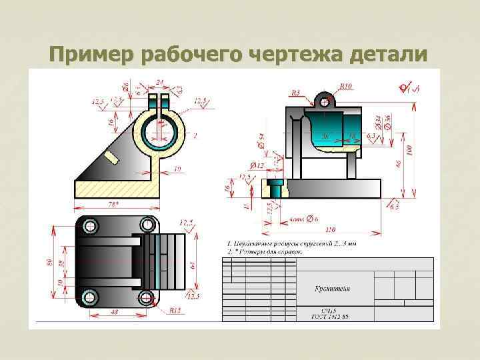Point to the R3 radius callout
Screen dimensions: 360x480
tap(296, 92)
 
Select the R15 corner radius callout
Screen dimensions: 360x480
tap(175, 311)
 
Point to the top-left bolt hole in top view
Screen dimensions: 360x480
tap(88, 223)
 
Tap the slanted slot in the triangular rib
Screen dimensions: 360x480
tap(111, 157)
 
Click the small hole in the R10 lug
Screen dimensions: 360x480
tap(325, 103)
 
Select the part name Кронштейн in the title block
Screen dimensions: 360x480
tap(333, 289)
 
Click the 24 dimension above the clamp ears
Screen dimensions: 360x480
tap(159, 83)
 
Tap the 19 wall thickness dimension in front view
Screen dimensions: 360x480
tap(176, 169)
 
